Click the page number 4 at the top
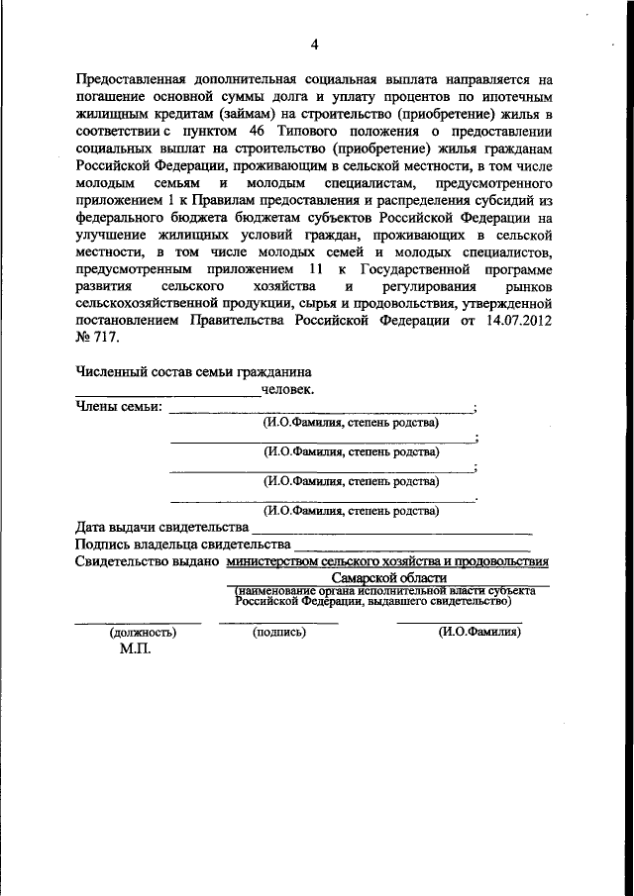(315, 44)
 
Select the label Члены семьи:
(118, 407)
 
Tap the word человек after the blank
(287, 389)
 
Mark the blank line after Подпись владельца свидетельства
(413, 548)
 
